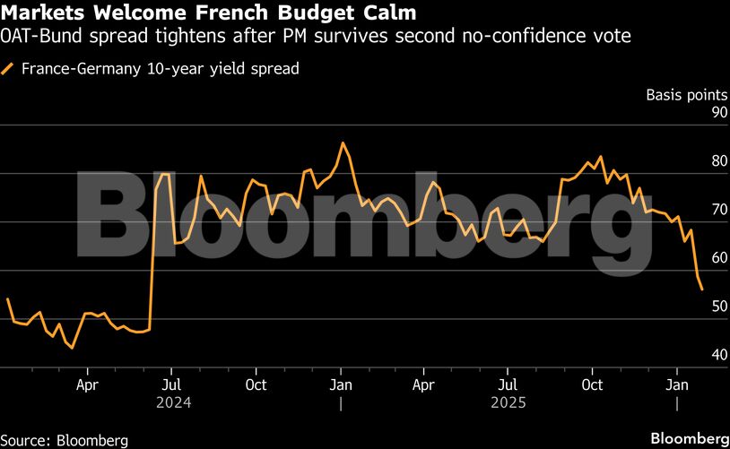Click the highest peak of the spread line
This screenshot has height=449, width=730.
point(342,142)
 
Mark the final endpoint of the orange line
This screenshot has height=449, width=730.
point(701,289)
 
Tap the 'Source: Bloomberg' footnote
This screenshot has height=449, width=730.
point(64,440)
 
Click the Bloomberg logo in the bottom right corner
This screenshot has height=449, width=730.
point(689,439)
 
